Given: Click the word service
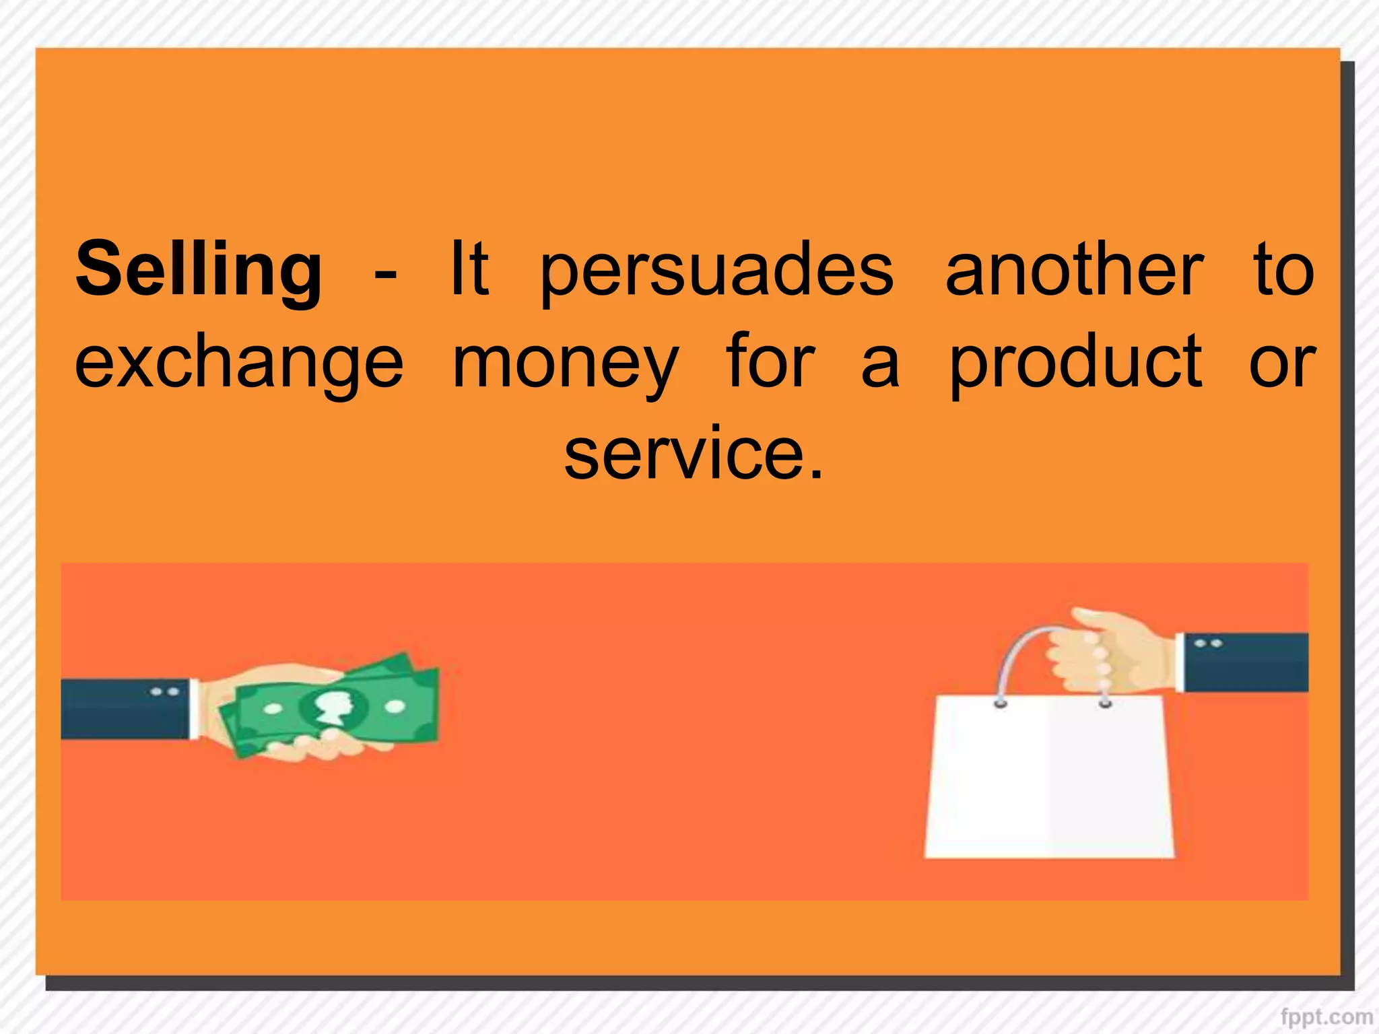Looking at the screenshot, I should tap(683, 454).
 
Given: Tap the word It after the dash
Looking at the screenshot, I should tap(469, 269).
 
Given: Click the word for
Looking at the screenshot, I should tap(770, 362).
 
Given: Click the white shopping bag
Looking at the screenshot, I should tap(1048, 778).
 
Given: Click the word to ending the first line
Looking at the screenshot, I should tap(1283, 271).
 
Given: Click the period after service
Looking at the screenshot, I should tap(816, 474).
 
